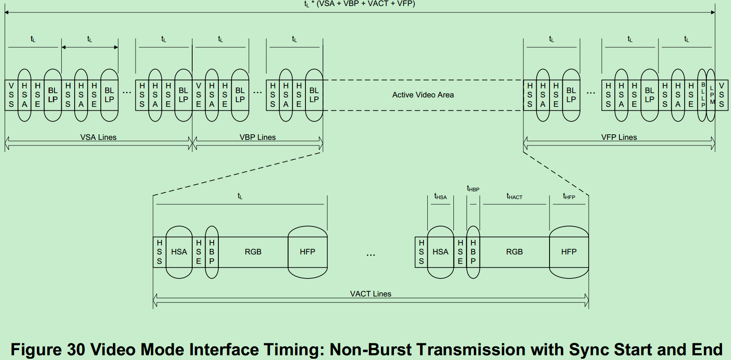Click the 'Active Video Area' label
[x=423, y=95]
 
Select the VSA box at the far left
[x=12, y=95]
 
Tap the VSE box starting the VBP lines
[x=199, y=95]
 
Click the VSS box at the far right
[x=722, y=95]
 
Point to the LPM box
[x=712, y=95]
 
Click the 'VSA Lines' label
[x=98, y=137]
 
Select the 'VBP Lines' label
[x=257, y=137]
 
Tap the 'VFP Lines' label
[x=619, y=137]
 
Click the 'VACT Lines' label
[x=371, y=294]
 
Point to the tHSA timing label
[x=440, y=197]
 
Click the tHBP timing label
[x=473, y=188]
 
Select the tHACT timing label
[x=514, y=197]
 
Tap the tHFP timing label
[x=569, y=197]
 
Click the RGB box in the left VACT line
[x=253, y=252]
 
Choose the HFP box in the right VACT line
[x=569, y=252]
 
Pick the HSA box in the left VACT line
[x=179, y=252]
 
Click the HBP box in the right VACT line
[x=473, y=252]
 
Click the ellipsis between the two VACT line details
[x=371, y=255]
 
